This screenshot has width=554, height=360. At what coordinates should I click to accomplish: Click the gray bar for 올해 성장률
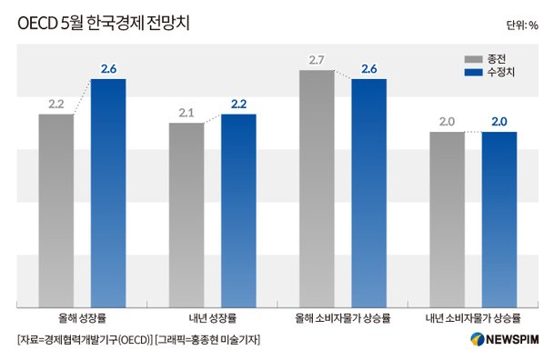point(55,209)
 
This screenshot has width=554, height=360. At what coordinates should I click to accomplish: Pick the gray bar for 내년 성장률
point(186,214)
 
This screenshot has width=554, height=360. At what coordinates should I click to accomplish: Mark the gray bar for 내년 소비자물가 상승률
point(447,218)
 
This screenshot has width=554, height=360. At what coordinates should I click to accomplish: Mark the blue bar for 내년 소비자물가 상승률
point(499,218)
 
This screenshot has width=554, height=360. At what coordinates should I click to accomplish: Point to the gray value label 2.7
point(317,60)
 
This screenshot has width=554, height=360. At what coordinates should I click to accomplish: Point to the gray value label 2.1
point(186,113)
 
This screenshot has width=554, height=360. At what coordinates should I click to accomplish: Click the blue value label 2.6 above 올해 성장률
point(109,69)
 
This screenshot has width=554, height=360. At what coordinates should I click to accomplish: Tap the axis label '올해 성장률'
point(82,318)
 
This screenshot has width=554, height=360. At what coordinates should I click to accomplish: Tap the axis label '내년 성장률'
point(213,318)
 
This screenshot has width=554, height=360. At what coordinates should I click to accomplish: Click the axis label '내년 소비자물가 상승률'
point(473,318)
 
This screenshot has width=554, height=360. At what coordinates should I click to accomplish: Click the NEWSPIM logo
point(505,340)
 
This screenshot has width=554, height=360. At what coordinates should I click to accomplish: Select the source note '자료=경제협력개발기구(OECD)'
point(84,340)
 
